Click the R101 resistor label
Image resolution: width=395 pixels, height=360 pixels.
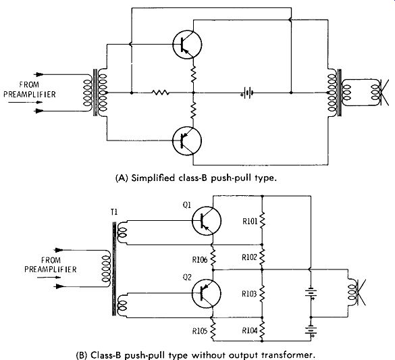250,221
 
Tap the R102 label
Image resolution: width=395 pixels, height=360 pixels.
249,257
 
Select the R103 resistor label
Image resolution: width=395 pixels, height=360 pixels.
249,294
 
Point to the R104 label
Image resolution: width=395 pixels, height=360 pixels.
250,330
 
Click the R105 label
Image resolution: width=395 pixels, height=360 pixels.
200,331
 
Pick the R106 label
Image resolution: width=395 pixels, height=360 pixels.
200,259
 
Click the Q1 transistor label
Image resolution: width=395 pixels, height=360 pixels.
186,205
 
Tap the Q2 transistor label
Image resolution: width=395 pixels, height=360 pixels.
187,278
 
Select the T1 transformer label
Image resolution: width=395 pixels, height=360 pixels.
114,212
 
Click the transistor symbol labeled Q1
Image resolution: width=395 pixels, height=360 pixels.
207,221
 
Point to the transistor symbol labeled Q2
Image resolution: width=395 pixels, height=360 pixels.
207,294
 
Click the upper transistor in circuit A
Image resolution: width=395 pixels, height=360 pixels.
187,45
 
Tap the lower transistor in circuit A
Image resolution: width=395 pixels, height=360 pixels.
187,141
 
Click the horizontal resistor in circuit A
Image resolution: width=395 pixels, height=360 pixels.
161,93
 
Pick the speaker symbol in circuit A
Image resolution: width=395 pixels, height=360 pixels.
380,93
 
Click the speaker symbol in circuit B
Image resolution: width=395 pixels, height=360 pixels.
357,292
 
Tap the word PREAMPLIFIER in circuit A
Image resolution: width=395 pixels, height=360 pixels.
30,94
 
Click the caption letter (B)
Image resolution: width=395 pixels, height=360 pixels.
82,355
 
